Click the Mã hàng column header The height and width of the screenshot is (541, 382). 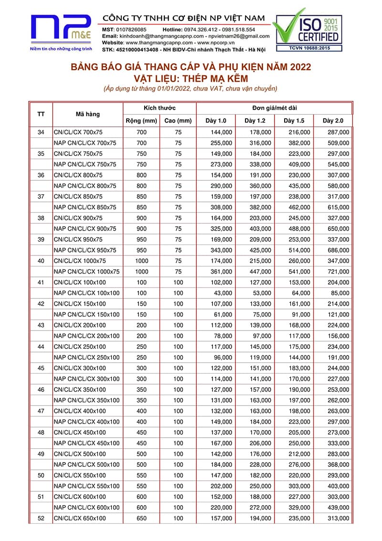(87, 114)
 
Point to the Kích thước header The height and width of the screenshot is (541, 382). (159, 108)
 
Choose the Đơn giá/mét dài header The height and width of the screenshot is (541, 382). (274, 108)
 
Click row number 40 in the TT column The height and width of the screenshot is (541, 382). (41, 261)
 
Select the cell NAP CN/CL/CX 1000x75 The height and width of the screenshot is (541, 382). (86, 272)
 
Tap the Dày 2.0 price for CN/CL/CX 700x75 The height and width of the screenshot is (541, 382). (338, 132)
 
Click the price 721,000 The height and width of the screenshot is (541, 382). (338, 272)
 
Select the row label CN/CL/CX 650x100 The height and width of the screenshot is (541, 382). (80, 519)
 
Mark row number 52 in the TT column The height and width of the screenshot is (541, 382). (41, 519)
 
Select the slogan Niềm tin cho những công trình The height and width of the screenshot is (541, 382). (61, 49)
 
